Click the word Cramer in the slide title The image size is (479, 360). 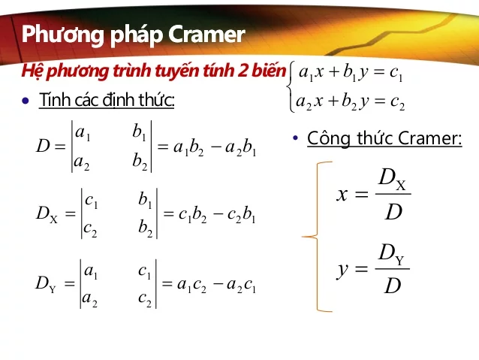(206, 35)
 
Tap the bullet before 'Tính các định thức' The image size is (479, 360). (26, 101)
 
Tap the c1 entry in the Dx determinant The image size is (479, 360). (92, 201)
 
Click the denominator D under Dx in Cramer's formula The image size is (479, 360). (393, 213)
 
